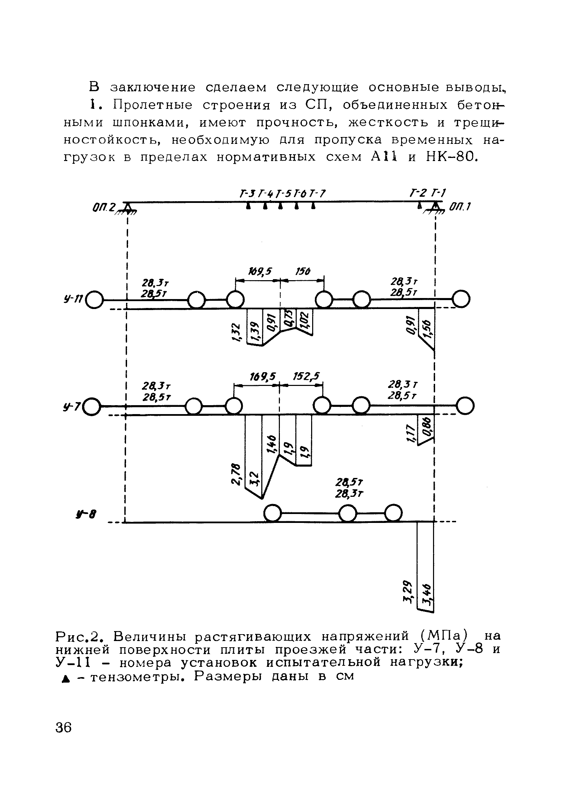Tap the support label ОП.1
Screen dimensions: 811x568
460,207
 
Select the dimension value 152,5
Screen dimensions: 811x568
306,377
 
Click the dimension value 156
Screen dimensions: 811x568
303,272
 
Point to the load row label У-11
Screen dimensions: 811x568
73,299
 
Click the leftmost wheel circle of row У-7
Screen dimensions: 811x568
92,407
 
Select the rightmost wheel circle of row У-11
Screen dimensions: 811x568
462,299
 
